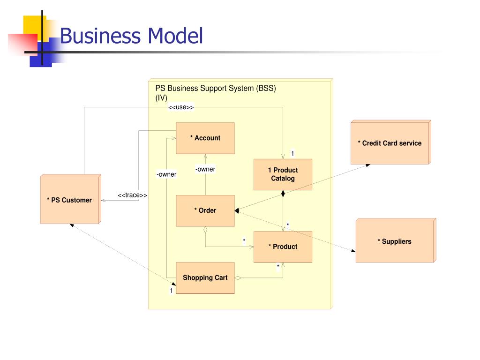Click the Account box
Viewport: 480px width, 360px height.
(x=205, y=138)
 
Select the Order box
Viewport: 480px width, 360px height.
(x=205, y=210)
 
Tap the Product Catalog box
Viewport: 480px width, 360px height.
(x=283, y=174)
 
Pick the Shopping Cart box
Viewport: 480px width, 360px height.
(x=205, y=278)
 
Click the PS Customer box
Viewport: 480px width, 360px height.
(x=71, y=199)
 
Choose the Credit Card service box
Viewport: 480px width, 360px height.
(x=391, y=142)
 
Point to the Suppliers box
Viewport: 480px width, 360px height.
(x=396, y=240)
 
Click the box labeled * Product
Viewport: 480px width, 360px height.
(x=283, y=247)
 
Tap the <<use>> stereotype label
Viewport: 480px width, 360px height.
(x=181, y=107)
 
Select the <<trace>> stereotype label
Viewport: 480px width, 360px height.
(x=132, y=195)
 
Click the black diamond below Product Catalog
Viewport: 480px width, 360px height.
(x=283, y=194)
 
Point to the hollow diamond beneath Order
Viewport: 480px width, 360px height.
(x=205, y=230)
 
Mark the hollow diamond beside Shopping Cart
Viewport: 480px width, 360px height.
(x=238, y=278)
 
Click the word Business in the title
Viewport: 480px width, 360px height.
(x=100, y=36)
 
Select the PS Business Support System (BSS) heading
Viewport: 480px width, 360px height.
(x=216, y=89)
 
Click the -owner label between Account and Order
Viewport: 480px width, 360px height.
(x=205, y=169)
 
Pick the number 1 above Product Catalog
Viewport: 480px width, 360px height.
(x=292, y=153)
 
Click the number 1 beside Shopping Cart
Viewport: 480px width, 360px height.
(x=171, y=290)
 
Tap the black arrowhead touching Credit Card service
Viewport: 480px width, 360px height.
(x=368, y=165)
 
